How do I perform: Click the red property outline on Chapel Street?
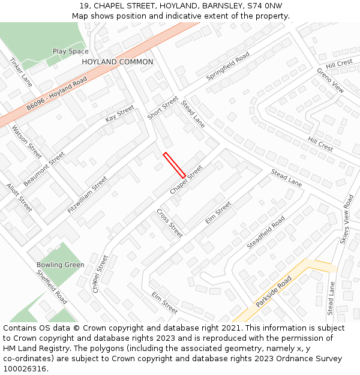pyautogui.click(x=174, y=165)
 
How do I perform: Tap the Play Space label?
pyautogui.click(x=70, y=52)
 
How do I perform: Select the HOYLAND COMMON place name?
pyautogui.click(x=118, y=62)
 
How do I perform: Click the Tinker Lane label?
pyautogui.click(x=21, y=72)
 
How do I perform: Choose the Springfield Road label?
pyautogui.click(x=227, y=67)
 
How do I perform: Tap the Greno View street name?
pyautogui.click(x=330, y=80)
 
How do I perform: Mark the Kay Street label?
pyautogui.click(x=120, y=113)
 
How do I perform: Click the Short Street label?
pyautogui.click(x=163, y=108)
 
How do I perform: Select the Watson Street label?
pyautogui.click(x=26, y=142)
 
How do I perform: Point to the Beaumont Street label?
pyautogui.click(x=44, y=169)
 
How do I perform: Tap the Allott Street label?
pyautogui.click(x=19, y=197)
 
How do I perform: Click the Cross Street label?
pyautogui.click(x=169, y=223)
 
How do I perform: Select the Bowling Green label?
pyautogui.click(x=60, y=265)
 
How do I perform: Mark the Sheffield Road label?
pyautogui.click(x=52, y=286)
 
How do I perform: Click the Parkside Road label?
pyautogui.click(x=274, y=292)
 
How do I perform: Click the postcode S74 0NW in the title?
pyautogui.click(x=265, y=6)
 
